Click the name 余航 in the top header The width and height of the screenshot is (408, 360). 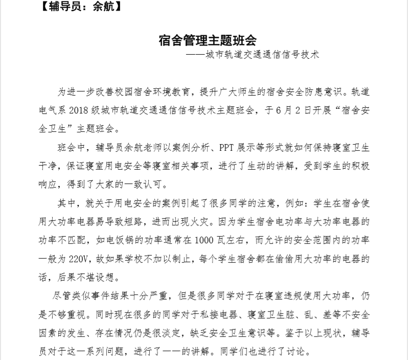point(98,7)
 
